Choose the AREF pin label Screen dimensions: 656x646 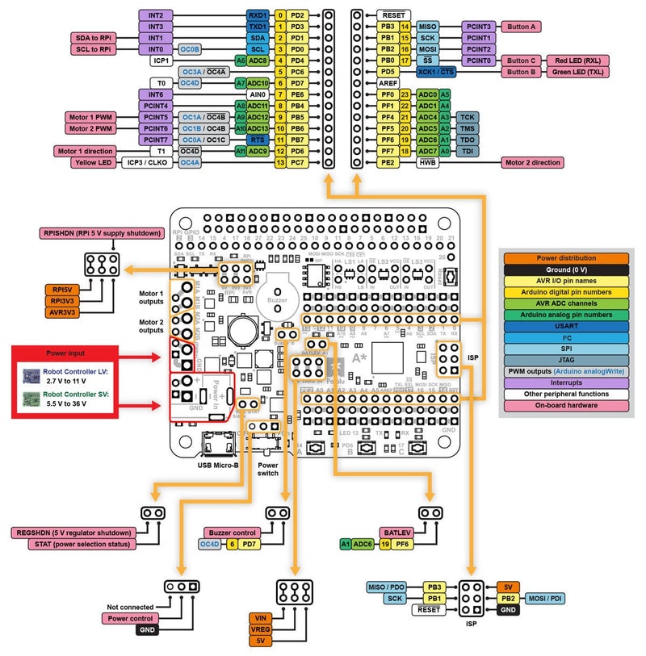(x=388, y=83)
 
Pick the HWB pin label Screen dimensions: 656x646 (x=429, y=162)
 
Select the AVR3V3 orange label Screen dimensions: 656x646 (x=62, y=311)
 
